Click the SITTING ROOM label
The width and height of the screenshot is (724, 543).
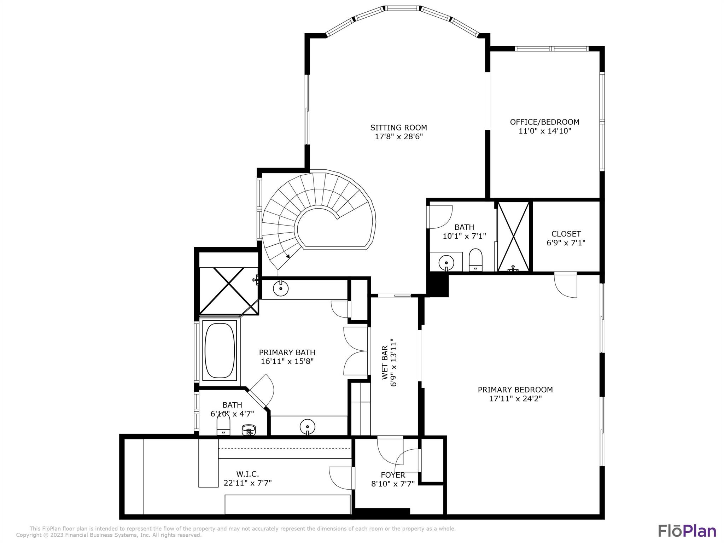(x=398, y=128)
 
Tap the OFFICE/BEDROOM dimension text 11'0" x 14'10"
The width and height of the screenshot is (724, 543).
(x=544, y=131)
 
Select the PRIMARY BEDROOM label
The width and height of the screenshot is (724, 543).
(x=515, y=390)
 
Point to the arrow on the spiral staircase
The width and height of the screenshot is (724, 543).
(x=288, y=256)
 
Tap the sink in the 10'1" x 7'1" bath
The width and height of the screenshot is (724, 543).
(x=446, y=263)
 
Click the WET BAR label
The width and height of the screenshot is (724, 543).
(x=385, y=363)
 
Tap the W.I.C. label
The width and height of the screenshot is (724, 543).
(x=247, y=474)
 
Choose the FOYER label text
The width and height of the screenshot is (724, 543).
(x=393, y=475)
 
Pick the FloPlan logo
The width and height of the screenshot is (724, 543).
(x=687, y=531)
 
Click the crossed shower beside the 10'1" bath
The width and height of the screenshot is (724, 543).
(x=513, y=236)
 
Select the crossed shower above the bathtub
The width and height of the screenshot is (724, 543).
(x=229, y=291)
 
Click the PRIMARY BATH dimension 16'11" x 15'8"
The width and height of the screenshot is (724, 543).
(x=287, y=361)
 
